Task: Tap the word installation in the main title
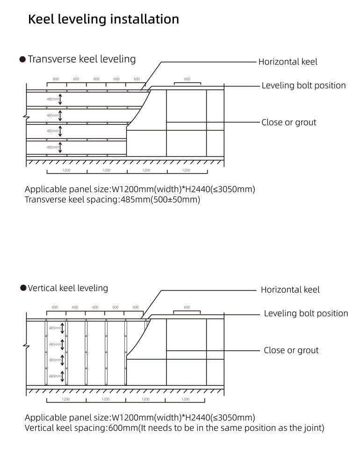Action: [145, 19]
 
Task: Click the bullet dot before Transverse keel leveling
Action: [22, 59]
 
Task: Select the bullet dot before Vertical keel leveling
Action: [23, 288]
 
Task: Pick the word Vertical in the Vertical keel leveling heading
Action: [43, 288]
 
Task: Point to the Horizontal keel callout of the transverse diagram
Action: [288, 62]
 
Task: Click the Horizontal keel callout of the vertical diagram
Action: [290, 290]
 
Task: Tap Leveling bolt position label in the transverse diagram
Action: [303, 86]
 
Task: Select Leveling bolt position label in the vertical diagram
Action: [306, 313]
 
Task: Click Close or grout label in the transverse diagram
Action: [288, 123]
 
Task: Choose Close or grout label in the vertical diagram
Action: [291, 350]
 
